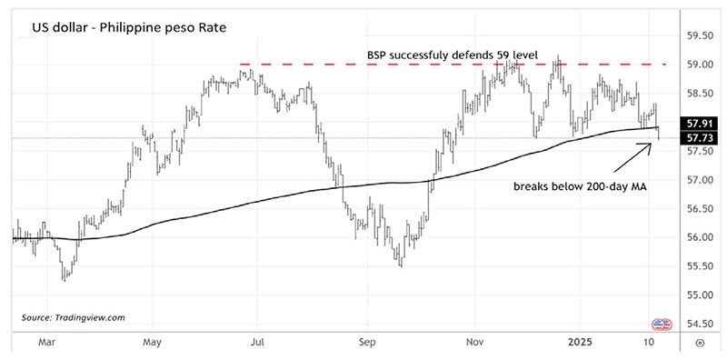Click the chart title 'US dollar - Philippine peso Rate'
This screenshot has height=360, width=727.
129,28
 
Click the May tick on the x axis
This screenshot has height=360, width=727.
153,343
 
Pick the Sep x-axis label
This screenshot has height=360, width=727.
368,343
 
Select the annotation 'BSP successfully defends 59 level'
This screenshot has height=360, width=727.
453,55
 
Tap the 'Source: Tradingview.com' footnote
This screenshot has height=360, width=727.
73,317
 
